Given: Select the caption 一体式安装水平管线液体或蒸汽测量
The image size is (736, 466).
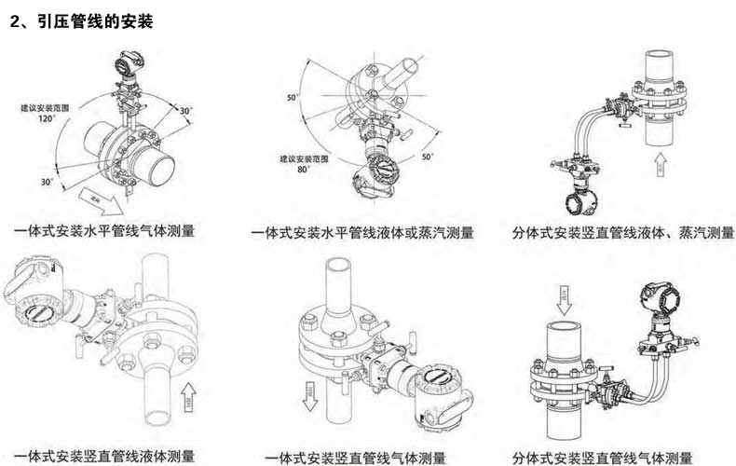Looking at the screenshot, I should coord(361,232).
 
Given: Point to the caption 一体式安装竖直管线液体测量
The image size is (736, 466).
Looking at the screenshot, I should coord(104,457).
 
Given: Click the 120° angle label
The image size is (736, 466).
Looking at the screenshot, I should coord(46,119).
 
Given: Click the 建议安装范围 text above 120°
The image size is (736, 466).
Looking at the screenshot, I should coord(46,108).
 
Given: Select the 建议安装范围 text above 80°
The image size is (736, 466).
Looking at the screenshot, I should coord(302,159).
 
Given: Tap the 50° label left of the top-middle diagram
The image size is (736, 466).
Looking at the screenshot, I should coord(292,97).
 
